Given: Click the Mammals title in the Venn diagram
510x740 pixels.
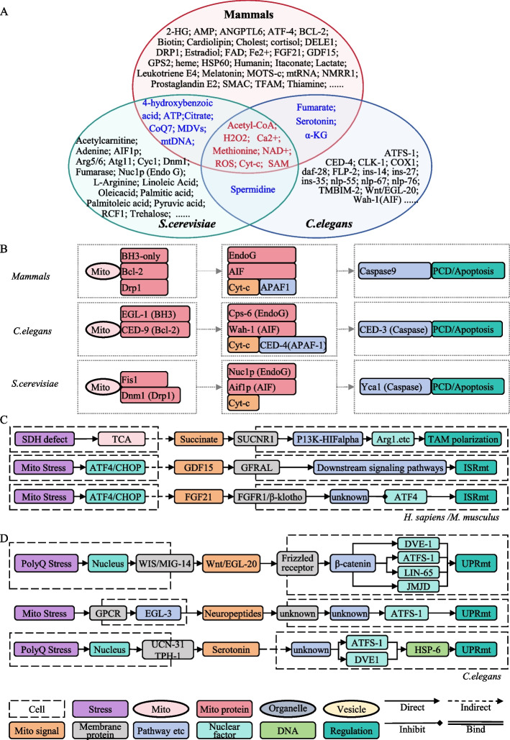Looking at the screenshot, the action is point(248,14).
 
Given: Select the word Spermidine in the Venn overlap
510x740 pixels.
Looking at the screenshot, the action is point(252,189).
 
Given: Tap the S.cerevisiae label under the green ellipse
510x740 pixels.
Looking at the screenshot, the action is point(187,224).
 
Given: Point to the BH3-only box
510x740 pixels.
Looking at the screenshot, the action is point(144,256).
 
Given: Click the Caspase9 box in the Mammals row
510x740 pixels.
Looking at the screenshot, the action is point(394,271).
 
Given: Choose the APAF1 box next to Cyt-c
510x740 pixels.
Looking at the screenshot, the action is point(278,287).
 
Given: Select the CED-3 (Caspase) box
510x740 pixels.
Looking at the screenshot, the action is point(394,329).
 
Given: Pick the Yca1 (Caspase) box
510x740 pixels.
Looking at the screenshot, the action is point(395,387).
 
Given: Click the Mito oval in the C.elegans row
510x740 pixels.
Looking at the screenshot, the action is point(100,330).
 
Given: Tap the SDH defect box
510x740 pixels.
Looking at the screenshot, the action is point(45,439).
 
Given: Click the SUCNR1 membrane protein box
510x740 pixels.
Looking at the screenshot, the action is point(255,439).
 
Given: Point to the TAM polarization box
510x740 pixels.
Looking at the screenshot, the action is point(463,439).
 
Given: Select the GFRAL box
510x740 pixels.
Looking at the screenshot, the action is point(256,467).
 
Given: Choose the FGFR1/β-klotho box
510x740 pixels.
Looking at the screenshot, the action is point(270,497).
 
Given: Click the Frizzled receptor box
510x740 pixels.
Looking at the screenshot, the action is point(298,563).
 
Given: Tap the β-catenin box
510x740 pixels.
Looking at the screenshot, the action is point(352,564).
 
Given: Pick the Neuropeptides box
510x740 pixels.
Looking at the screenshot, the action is point(232,613).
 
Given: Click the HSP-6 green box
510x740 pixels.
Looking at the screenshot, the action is point(427,650).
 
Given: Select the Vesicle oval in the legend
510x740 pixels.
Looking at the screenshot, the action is point(351,709).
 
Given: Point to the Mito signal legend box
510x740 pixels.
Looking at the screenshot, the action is point(37,731).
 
